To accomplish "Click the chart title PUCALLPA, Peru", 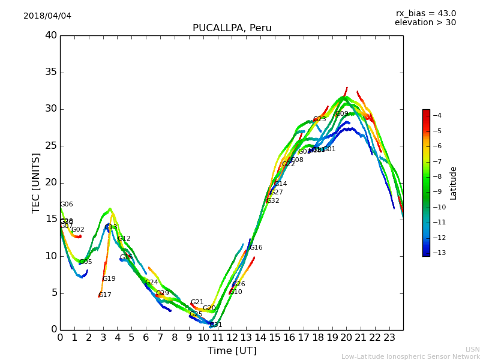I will [232, 28].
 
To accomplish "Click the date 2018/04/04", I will [47, 16].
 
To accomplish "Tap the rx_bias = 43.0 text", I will [425, 13].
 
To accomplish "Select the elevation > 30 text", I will [425, 23].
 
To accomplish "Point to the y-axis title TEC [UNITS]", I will [36, 182].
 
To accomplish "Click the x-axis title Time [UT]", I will [232, 350].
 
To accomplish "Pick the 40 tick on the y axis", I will [51, 35].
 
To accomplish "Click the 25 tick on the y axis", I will [51, 146].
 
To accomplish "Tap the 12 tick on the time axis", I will [232, 337].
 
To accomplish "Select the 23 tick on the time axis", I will [389, 337].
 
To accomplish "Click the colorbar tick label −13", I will [436, 253].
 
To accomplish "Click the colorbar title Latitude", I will [454, 182].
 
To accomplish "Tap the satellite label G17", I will [105, 295].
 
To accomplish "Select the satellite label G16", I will [256, 248].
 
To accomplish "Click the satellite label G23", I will [320, 119].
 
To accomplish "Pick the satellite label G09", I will [342, 114].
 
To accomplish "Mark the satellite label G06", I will [67, 205].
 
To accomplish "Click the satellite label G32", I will [273, 201].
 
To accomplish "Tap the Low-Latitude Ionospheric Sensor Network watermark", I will [410, 356].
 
